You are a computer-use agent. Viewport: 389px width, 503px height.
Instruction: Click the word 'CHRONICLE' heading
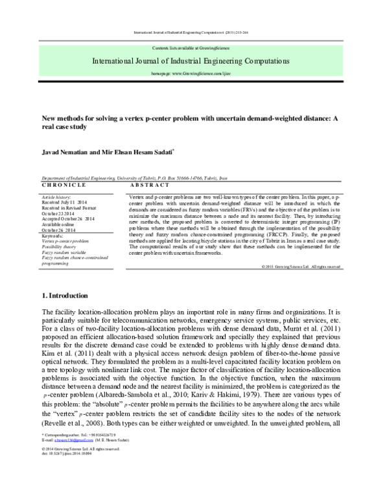click(x=59, y=185)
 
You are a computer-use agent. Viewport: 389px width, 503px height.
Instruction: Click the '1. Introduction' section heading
click(x=66, y=296)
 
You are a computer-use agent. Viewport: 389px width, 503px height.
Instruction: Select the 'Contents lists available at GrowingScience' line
click(x=194, y=49)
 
